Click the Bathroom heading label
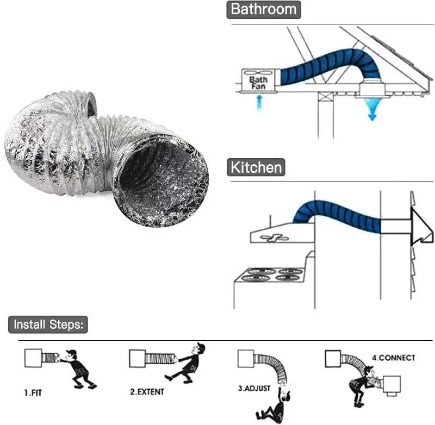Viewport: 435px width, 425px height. [264, 9]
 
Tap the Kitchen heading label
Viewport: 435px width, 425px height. [256, 167]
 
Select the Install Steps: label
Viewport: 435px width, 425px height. [48, 325]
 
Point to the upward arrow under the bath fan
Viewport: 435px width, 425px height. [259, 102]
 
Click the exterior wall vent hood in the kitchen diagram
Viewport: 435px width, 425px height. [421, 226]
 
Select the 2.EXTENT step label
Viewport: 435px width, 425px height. [147, 391]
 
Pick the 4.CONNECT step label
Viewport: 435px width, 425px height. [393, 358]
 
